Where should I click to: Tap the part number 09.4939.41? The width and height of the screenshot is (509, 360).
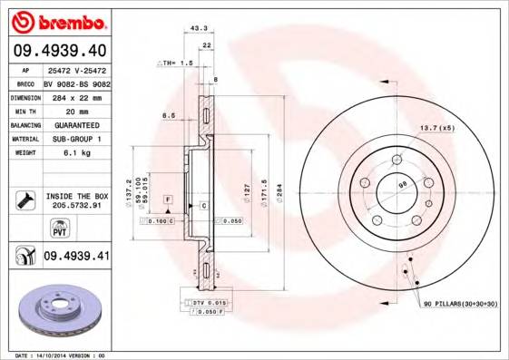click(x=76, y=257)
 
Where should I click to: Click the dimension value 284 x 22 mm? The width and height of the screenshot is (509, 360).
click(x=76, y=95)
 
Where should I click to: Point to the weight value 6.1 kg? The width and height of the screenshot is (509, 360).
click(x=76, y=154)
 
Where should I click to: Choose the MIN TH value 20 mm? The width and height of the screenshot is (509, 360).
click(x=76, y=110)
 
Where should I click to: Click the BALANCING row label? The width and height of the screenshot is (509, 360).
click(x=24, y=124)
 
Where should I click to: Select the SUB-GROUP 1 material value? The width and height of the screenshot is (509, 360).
click(x=76, y=139)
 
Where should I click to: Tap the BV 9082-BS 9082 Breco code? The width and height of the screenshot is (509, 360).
click(x=76, y=82)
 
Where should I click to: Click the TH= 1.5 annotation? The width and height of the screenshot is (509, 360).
click(x=177, y=63)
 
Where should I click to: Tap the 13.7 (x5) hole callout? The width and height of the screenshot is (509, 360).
click(x=437, y=128)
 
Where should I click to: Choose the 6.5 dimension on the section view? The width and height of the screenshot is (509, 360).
click(x=168, y=116)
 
